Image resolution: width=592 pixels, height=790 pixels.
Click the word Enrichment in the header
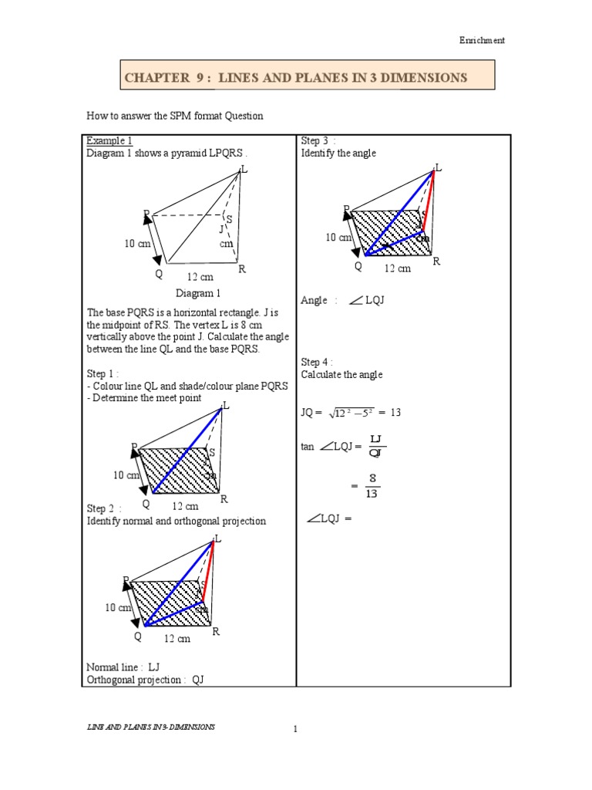483,41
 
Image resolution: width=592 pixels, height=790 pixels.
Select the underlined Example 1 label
109,140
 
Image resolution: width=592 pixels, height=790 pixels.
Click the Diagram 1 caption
198,293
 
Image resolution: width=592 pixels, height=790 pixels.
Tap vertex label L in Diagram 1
244,170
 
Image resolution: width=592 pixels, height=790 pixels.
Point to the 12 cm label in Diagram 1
200,276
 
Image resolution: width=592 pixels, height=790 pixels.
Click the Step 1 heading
103,374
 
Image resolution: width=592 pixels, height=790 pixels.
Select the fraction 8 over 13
372,487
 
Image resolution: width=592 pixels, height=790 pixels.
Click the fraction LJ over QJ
376,446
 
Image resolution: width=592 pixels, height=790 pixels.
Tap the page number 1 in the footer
295,729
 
